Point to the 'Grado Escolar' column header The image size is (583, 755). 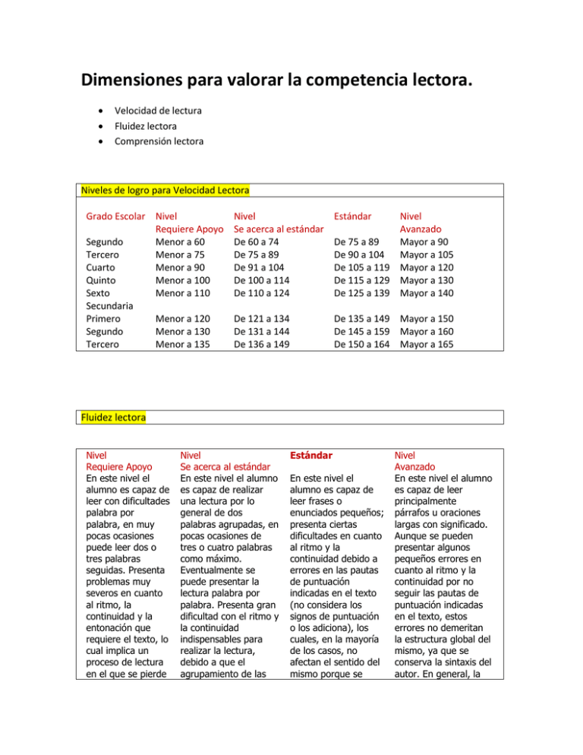pos(114,215)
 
